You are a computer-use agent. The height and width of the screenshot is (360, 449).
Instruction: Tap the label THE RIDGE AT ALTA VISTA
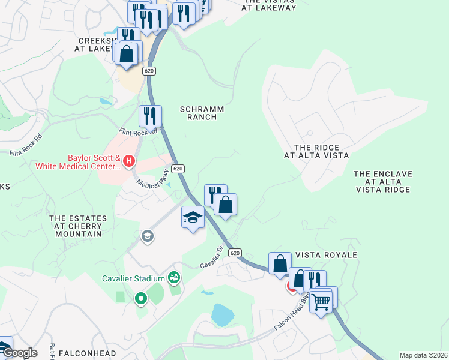[316, 151]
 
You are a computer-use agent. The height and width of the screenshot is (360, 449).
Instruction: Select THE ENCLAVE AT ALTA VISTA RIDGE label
[382, 181]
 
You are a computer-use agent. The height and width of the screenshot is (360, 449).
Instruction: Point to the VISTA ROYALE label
[327, 255]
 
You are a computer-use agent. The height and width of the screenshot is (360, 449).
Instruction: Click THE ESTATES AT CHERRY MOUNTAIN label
[78, 226]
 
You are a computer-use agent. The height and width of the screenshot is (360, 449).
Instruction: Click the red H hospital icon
[129, 161]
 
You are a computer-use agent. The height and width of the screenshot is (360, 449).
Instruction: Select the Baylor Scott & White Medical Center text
[78, 163]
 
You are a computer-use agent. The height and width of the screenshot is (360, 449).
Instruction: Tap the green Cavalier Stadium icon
[174, 277]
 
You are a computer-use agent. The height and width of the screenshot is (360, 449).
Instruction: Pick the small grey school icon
[146, 236]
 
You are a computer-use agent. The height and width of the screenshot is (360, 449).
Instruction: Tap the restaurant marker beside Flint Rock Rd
[150, 115]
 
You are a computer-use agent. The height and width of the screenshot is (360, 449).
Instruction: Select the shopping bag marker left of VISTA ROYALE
[280, 263]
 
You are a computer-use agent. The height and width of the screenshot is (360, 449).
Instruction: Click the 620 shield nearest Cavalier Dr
[235, 253]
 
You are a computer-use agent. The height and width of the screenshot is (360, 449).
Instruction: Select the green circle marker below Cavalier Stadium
[141, 298]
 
